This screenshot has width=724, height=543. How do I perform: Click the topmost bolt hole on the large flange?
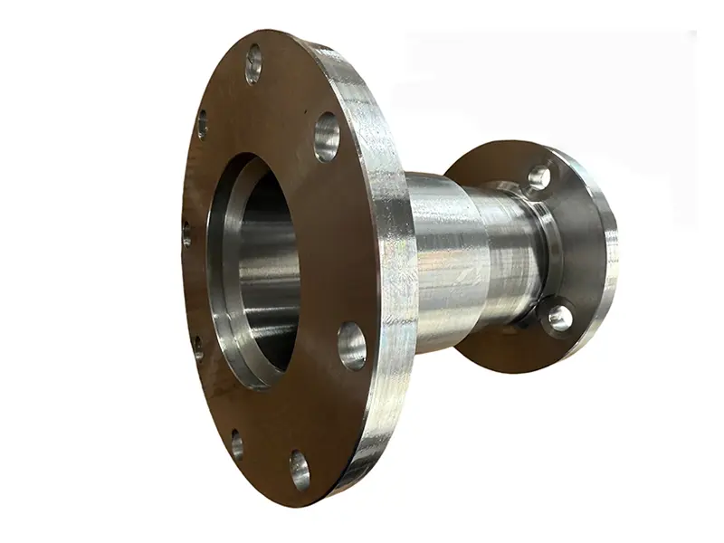coord(253,63)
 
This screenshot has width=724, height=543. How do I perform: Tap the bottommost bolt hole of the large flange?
coord(300,470)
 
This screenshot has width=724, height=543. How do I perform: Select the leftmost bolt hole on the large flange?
coord(186,233)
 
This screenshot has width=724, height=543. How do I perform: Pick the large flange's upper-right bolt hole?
coord(327,137)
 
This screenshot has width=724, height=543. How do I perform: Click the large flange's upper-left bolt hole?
coord(202,123)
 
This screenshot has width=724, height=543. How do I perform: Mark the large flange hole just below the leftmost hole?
coord(197,348)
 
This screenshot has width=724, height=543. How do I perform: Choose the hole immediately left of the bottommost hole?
coord(236,443)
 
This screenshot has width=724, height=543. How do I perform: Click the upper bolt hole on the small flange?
coord(539,176)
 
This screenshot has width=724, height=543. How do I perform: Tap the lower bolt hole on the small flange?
coord(559,317)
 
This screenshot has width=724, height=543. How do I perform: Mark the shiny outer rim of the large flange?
coord(394,271)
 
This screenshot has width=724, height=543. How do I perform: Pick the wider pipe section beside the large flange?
coord(448,262)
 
